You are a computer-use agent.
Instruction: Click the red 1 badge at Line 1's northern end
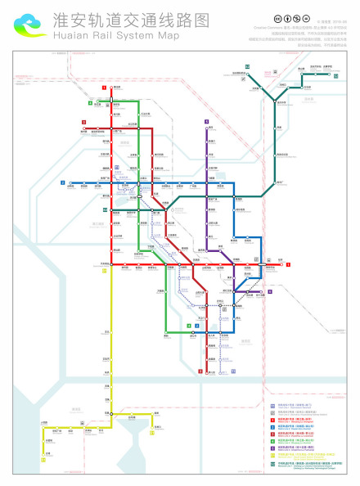pos(104,88)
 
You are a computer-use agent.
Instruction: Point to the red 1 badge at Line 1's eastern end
pos(288,263)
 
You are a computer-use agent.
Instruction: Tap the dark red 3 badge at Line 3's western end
pos(83,122)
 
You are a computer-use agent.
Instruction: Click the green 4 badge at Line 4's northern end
pos(91,103)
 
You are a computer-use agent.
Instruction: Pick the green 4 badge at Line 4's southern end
pos(187,326)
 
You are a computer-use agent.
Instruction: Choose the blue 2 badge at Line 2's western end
pos(62,182)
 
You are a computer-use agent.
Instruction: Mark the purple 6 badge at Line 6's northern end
pos(207,121)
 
